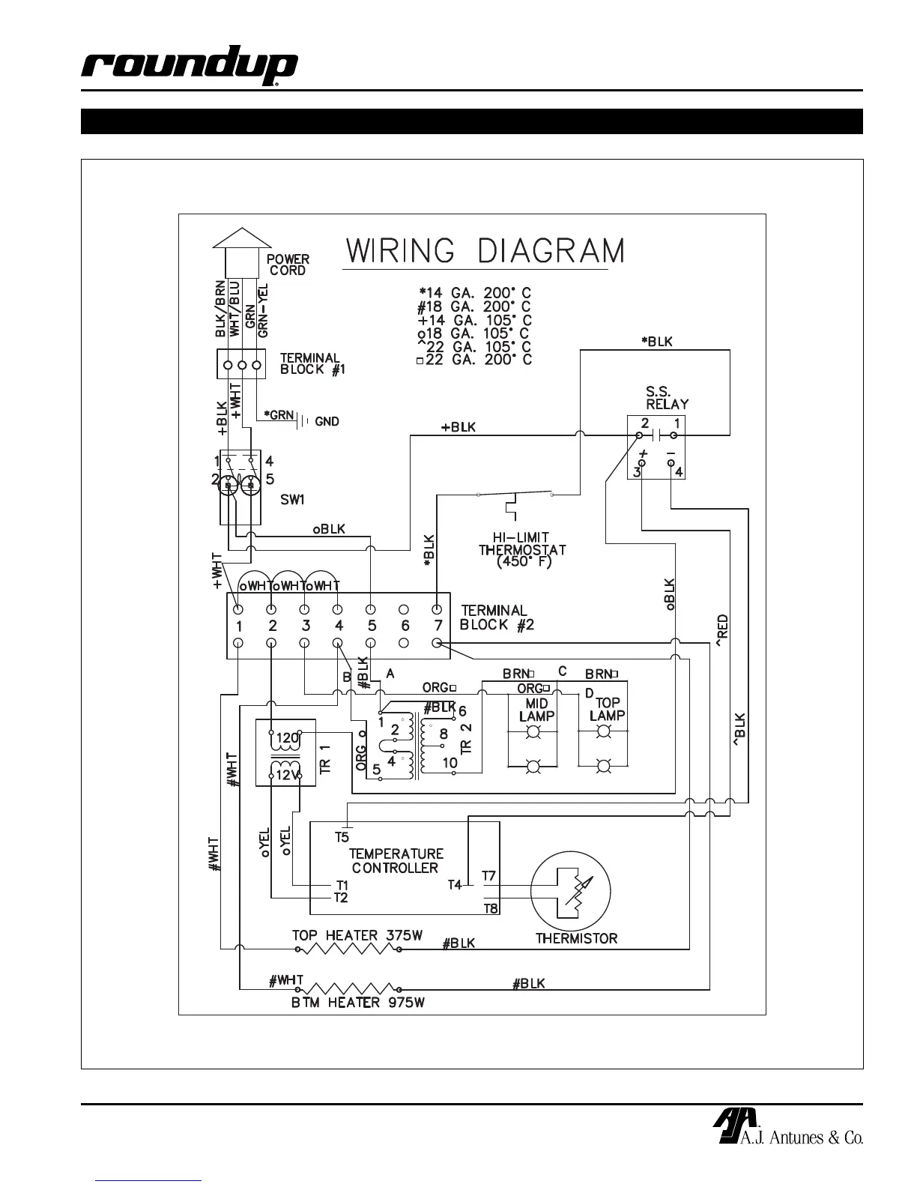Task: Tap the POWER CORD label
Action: click(288, 265)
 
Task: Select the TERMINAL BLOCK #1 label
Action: click(312, 363)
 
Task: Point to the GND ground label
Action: click(327, 421)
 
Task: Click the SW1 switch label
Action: click(293, 499)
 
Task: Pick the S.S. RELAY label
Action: click(667, 398)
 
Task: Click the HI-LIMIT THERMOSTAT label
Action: click(522, 550)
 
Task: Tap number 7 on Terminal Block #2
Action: click(438, 625)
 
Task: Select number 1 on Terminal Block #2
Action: click(239, 625)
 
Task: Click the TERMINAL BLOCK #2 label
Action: click(497, 617)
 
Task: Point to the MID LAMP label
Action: click(536, 710)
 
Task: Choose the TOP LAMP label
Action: click(607, 709)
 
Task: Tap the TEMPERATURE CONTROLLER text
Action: click(396, 860)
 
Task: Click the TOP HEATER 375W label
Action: click(357, 935)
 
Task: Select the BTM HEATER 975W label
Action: click(357, 1003)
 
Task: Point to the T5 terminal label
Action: click(342, 836)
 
